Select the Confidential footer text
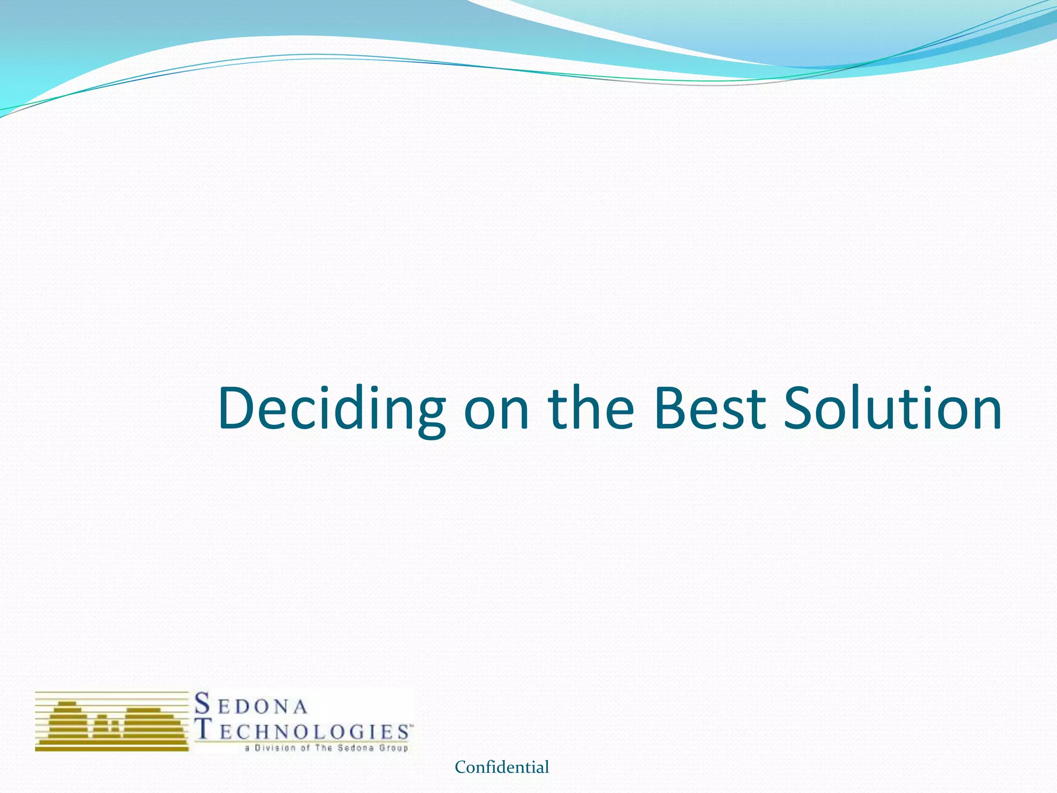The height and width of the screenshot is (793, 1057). [502, 767]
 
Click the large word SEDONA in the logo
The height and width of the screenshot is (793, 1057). [251, 705]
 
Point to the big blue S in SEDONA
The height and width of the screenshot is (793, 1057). [203, 704]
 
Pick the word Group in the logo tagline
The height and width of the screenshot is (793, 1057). [394, 748]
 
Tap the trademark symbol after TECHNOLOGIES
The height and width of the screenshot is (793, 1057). [411, 725]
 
